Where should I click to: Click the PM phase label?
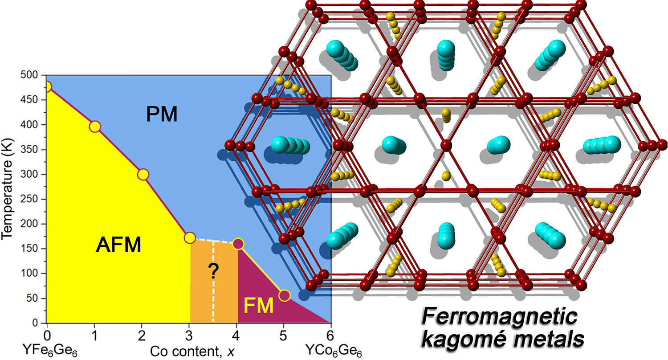(162, 115)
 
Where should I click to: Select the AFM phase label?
(118, 245)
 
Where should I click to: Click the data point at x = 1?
(94, 127)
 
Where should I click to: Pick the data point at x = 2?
(143, 174)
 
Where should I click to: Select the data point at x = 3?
(190, 238)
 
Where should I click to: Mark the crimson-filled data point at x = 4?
(238, 244)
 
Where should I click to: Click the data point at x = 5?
(284, 295)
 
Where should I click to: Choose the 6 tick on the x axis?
(330, 333)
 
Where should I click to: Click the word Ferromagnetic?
(500, 319)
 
